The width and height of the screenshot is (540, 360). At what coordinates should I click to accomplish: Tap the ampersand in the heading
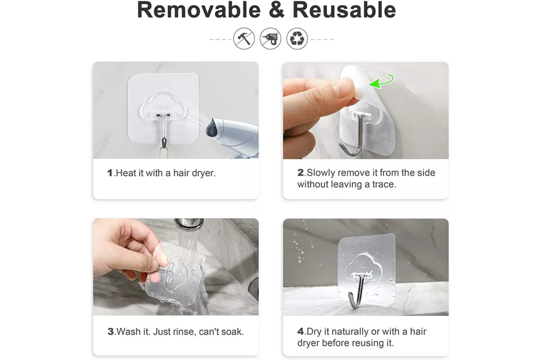click(277, 10)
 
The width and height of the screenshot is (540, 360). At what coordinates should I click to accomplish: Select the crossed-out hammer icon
click(244, 39)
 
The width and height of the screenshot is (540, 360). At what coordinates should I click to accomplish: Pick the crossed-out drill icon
click(270, 39)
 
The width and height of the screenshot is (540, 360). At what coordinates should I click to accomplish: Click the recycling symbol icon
click(297, 39)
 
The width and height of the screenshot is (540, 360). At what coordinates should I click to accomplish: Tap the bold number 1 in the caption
click(110, 173)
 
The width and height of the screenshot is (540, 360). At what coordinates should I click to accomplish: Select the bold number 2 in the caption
click(301, 173)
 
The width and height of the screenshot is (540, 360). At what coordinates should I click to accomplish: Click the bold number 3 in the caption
click(110, 332)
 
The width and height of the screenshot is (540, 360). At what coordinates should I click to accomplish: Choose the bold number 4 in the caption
click(301, 332)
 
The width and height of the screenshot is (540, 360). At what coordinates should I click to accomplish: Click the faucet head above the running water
click(189, 225)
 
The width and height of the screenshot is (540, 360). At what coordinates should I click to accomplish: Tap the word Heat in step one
click(126, 173)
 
